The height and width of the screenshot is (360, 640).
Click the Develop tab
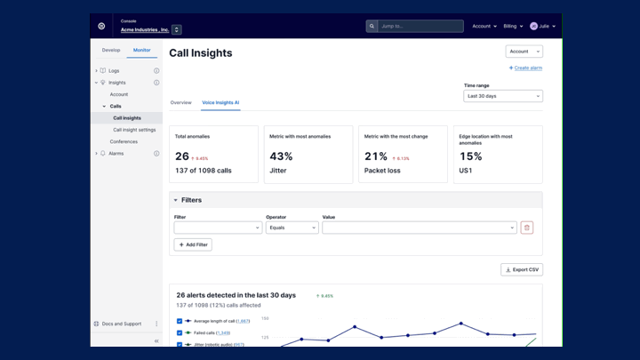111,51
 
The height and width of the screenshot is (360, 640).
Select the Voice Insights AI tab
220,103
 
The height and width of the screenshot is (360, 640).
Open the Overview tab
180,103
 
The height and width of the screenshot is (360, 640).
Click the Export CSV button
522,269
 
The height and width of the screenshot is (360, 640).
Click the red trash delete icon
527,228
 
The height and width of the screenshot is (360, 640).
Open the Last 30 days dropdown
502,96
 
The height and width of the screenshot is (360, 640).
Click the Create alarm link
525,68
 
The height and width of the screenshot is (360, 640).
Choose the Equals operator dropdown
292,228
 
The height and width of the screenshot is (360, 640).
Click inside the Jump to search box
420,27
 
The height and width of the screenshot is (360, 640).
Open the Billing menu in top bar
513,27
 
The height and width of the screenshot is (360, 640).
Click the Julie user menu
543,27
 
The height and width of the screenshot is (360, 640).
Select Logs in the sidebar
114,71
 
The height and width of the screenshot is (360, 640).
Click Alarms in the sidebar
116,154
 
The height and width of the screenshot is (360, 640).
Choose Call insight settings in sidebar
134,130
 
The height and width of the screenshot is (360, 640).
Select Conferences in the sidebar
124,141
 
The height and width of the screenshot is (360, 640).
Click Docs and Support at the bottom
122,324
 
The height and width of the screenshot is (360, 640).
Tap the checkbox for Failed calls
180,333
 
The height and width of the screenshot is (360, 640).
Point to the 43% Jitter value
282,156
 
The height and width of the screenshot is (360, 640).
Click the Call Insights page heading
201,53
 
